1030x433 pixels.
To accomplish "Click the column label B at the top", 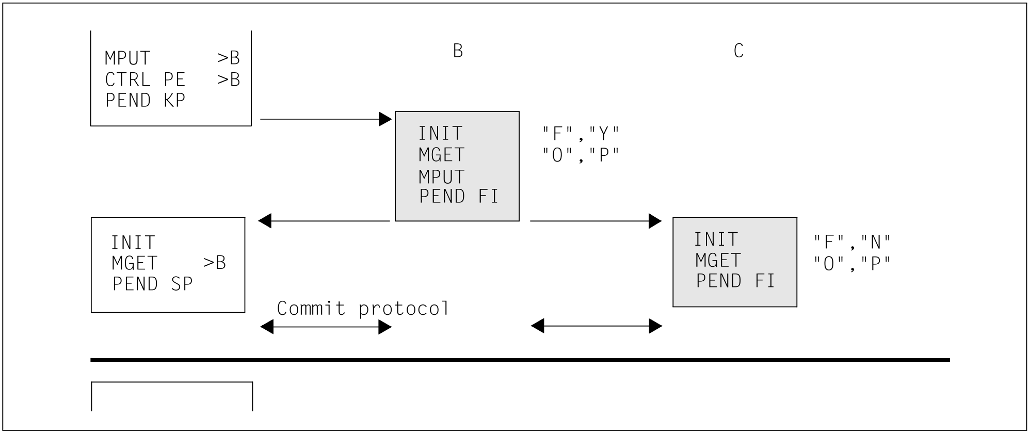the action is tap(458, 51).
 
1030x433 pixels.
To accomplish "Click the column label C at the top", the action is tap(738, 51).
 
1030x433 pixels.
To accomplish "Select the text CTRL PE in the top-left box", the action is tap(145, 79).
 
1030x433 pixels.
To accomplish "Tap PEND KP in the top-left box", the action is tap(145, 100).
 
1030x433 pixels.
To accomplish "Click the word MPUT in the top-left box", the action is tap(127, 58).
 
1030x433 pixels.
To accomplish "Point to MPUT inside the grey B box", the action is tap(442, 177).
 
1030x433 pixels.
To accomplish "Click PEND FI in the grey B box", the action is tap(459, 197).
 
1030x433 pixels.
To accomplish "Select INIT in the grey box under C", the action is tap(716, 239).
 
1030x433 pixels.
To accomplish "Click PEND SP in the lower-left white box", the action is tap(152, 284).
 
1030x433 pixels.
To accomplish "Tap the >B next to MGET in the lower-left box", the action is tap(215, 263).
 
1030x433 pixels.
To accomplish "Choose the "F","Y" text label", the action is tap(581, 134).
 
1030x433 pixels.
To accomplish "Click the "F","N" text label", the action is tap(852, 242).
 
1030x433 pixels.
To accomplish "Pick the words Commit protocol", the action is tap(363, 308).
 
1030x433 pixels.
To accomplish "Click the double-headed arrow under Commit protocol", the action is tap(326, 327).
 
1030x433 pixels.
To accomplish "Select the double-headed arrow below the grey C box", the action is tap(597, 326).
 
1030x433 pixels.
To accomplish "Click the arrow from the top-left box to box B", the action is tap(326, 119).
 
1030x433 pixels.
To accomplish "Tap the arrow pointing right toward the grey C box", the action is tap(596, 221).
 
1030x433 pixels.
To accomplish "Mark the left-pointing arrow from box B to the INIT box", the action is tap(324, 221).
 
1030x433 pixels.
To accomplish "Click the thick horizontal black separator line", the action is tap(520, 360).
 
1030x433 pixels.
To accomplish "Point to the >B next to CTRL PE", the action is tap(229, 79).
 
